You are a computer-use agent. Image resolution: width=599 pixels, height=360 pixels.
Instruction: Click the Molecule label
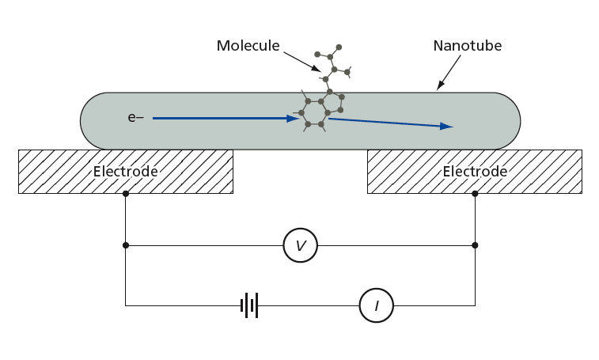[x=248, y=46]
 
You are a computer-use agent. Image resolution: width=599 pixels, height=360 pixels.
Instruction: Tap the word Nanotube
[x=467, y=46]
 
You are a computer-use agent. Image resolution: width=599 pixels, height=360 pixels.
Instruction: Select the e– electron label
[x=135, y=117]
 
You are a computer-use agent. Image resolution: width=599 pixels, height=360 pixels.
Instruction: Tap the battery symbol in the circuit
[x=249, y=305]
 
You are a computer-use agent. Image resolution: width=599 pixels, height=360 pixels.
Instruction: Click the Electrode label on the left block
[x=125, y=172]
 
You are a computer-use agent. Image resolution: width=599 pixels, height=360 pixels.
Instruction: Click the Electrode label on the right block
[x=475, y=172]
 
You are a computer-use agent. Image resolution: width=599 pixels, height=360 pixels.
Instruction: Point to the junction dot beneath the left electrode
[x=126, y=194]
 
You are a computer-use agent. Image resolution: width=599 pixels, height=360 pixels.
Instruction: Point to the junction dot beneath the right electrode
[x=475, y=194]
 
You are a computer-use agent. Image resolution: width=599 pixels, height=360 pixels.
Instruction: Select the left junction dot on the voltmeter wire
[x=126, y=245]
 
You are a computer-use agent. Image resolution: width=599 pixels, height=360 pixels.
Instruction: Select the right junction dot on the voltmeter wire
[x=475, y=245]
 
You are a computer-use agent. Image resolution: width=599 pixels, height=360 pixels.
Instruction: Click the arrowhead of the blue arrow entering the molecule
[x=294, y=119]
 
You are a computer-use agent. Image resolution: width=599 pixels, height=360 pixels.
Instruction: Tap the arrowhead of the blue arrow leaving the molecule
[x=446, y=126]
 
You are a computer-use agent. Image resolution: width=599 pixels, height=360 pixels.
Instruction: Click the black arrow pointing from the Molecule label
[x=302, y=62]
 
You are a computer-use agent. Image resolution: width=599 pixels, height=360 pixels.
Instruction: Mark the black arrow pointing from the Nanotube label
[x=449, y=73]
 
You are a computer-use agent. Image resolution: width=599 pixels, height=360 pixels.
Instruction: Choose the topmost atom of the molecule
[x=339, y=47]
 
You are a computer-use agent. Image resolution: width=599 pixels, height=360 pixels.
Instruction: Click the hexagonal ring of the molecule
[x=314, y=112]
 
